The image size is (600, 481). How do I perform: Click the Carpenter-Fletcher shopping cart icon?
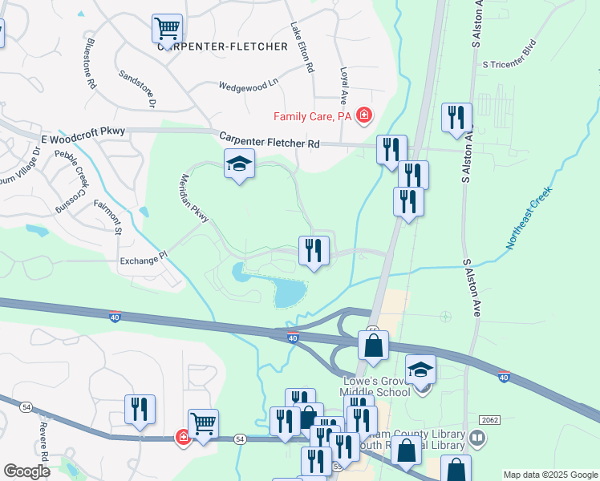(x=167, y=29)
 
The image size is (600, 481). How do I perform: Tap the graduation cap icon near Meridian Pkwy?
(x=239, y=164)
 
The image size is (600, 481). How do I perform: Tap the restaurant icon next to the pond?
(x=314, y=250)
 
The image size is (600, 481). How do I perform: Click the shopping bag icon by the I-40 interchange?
(x=373, y=346)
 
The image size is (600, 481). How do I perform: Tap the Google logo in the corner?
(x=26, y=471)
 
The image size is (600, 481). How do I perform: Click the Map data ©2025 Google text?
(x=549, y=475)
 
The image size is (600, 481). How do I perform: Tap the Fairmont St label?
(x=107, y=216)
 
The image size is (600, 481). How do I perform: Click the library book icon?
(x=477, y=438)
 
